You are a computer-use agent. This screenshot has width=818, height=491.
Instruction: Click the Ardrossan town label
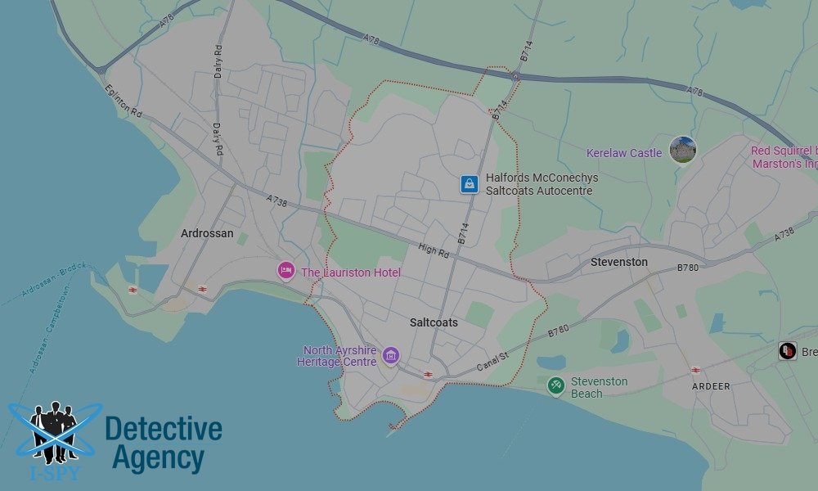coord(207,234)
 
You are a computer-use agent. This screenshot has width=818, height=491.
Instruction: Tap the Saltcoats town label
coord(434,323)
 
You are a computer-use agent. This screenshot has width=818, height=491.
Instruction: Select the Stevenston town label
coord(619,263)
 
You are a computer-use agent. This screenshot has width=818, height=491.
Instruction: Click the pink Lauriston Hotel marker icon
coord(285,271)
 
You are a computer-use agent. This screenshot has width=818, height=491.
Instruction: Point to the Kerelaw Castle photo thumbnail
coord(682,150)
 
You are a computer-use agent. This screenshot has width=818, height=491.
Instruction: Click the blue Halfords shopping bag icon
coord(468,184)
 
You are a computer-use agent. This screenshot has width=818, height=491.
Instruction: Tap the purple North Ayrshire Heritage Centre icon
coord(391,355)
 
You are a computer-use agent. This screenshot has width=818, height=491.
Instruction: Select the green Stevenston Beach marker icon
coord(556,385)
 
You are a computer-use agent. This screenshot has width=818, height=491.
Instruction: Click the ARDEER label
coord(710,386)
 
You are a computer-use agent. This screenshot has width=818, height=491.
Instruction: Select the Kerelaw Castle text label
coord(624,153)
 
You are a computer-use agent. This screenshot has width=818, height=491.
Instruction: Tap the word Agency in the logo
coord(158,458)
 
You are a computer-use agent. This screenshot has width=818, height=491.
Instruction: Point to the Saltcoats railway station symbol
coord(428,374)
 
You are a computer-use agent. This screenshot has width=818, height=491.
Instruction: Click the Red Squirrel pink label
coord(784,157)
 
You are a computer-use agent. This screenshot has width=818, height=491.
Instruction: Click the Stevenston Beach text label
coord(599,388)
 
